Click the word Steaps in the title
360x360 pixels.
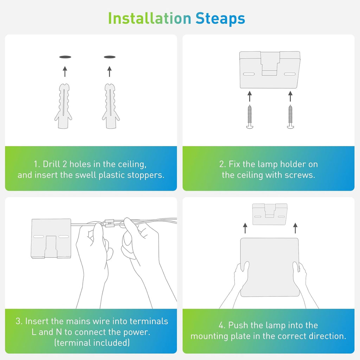[220, 19]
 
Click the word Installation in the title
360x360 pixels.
[149, 18]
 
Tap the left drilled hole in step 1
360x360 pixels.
[65, 57]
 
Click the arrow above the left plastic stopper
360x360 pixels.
[65, 71]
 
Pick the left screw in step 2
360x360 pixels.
[250, 117]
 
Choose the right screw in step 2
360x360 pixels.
[290, 117]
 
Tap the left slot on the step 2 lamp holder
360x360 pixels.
[249, 74]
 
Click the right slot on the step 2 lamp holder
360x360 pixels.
[290, 74]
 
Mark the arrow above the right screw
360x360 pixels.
[290, 96]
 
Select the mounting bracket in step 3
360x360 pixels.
[51, 239]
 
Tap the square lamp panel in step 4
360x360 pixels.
[270, 267]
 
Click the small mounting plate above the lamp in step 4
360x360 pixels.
[270, 214]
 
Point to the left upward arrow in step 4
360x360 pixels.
[245, 228]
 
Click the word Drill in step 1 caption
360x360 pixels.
[51, 164]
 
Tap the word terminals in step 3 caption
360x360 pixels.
[149, 321]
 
